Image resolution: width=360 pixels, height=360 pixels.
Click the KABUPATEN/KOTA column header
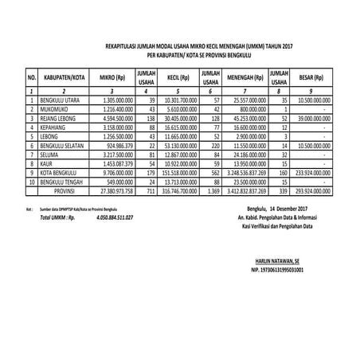tap(65, 80)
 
